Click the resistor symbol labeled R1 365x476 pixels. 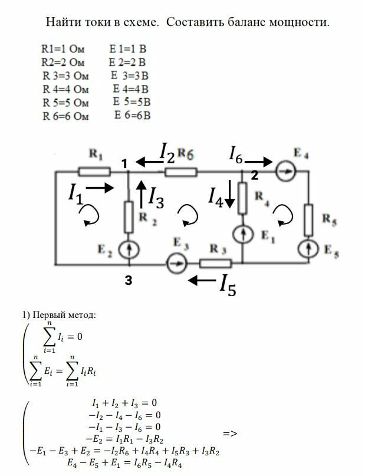pos(94,172)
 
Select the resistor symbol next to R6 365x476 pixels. pos(180,172)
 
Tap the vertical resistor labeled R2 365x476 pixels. pos(129,216)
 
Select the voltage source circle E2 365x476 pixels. pos(129,250)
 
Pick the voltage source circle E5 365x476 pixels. pos(308,248)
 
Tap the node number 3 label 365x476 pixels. pos(128,282)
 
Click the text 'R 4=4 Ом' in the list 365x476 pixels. pos(65,90)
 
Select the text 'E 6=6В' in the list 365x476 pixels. pos(133,115)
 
